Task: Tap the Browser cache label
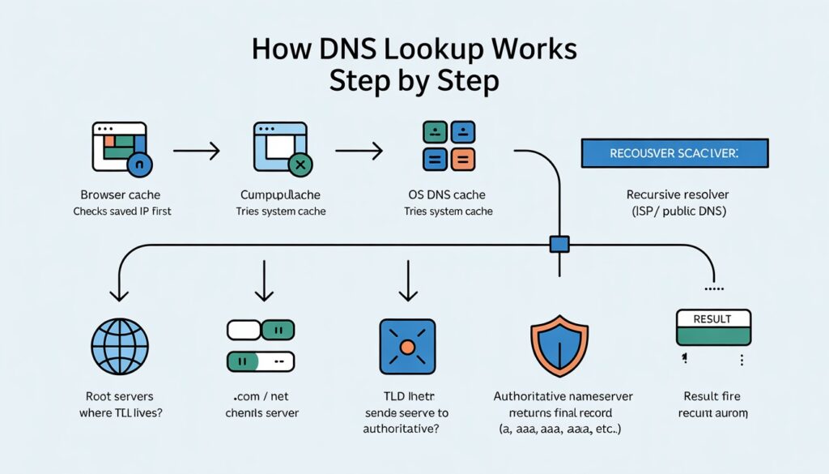(x=120, y=194)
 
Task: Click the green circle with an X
(x=300, y=164)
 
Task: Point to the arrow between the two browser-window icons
(x=197, y=150)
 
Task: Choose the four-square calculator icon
(x=448, y=146)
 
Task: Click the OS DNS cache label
(x=448, y=194)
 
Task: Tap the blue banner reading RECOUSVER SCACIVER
(x=674, y=153)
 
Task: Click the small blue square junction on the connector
(x=559, y=242)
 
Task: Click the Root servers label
(x=119, y=396)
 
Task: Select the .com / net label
(x=261, y=396)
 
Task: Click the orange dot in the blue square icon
(x=407, y=347)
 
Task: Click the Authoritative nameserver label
(x=563, y=396)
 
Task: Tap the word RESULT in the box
(x=713, y=319)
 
